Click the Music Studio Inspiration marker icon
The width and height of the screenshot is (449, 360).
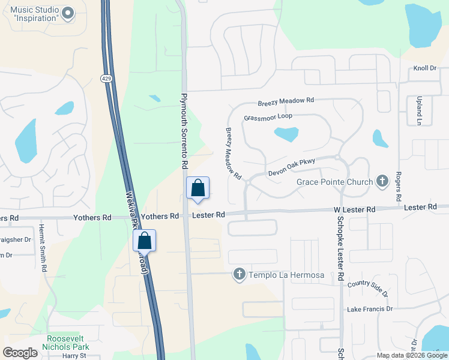tap(67, 13)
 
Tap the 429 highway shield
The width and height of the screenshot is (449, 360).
tap(106, 79)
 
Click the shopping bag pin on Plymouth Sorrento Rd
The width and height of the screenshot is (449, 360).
tap(197, 188)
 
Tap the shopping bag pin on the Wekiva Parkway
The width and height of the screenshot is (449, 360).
tap(145, 241)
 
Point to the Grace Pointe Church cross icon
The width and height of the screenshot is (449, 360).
tap(382, 181)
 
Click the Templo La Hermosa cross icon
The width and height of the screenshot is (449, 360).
tap(239, 275)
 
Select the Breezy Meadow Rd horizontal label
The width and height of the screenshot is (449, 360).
tap(286, 102)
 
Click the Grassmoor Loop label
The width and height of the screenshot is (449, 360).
tap(268, 117)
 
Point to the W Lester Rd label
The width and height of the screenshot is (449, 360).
tap(354, 209)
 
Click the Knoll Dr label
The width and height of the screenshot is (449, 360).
tap(424, 68)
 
